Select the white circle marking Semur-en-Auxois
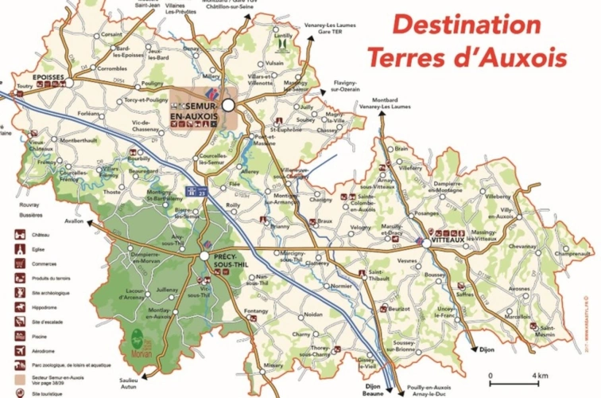[x=229, y=104]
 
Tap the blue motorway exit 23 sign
[x=192, y=190]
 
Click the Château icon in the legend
[x=17, y=236]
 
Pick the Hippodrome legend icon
[x=17, y=305]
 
